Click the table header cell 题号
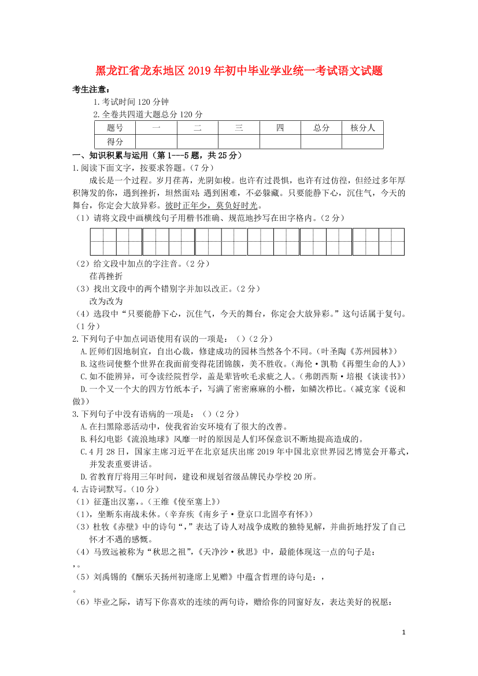pyautogui.click(x=115, y=128)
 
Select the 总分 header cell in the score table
pyautogui.click(x=321, y=128)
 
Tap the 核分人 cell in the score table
pyautogui.click(x=362, y=128)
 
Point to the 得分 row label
pyautogui.click(x=115, y=142)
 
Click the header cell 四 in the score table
pyautogui.click(x=280, y=128)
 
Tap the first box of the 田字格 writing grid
pyautogui.click(x=103, y=242)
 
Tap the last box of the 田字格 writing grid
pyautogui.click(x=391, y=242)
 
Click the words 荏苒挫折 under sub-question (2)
pyautogui.click(x=106, y=276)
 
